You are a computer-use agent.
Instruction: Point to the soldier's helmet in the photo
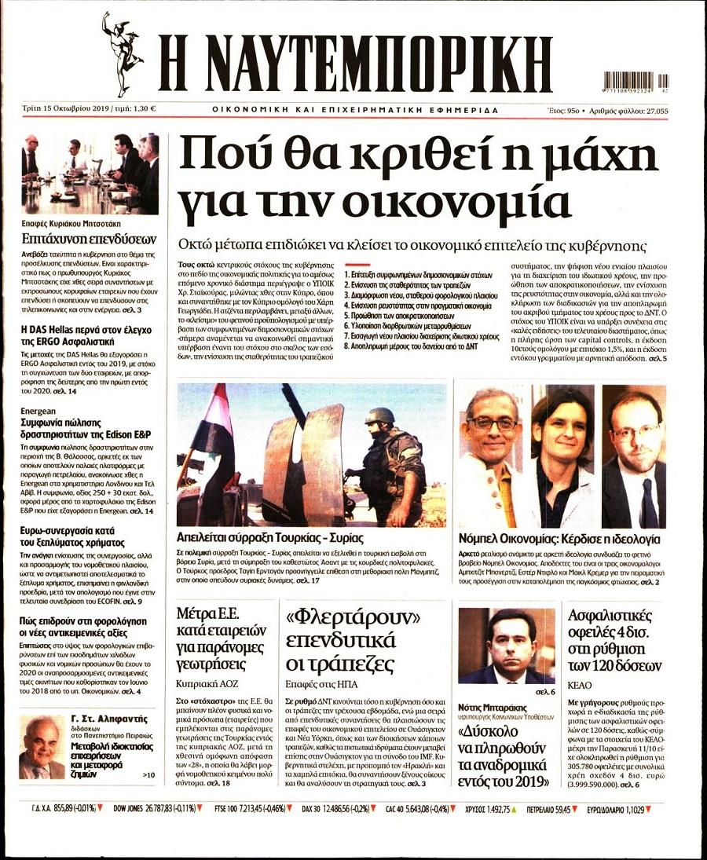pos(379,416)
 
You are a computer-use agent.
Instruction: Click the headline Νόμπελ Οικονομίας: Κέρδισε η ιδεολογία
pos(559,540)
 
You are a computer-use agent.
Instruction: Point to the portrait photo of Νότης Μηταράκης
pos(506,646)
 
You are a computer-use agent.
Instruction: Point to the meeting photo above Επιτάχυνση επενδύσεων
pos(90,174)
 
